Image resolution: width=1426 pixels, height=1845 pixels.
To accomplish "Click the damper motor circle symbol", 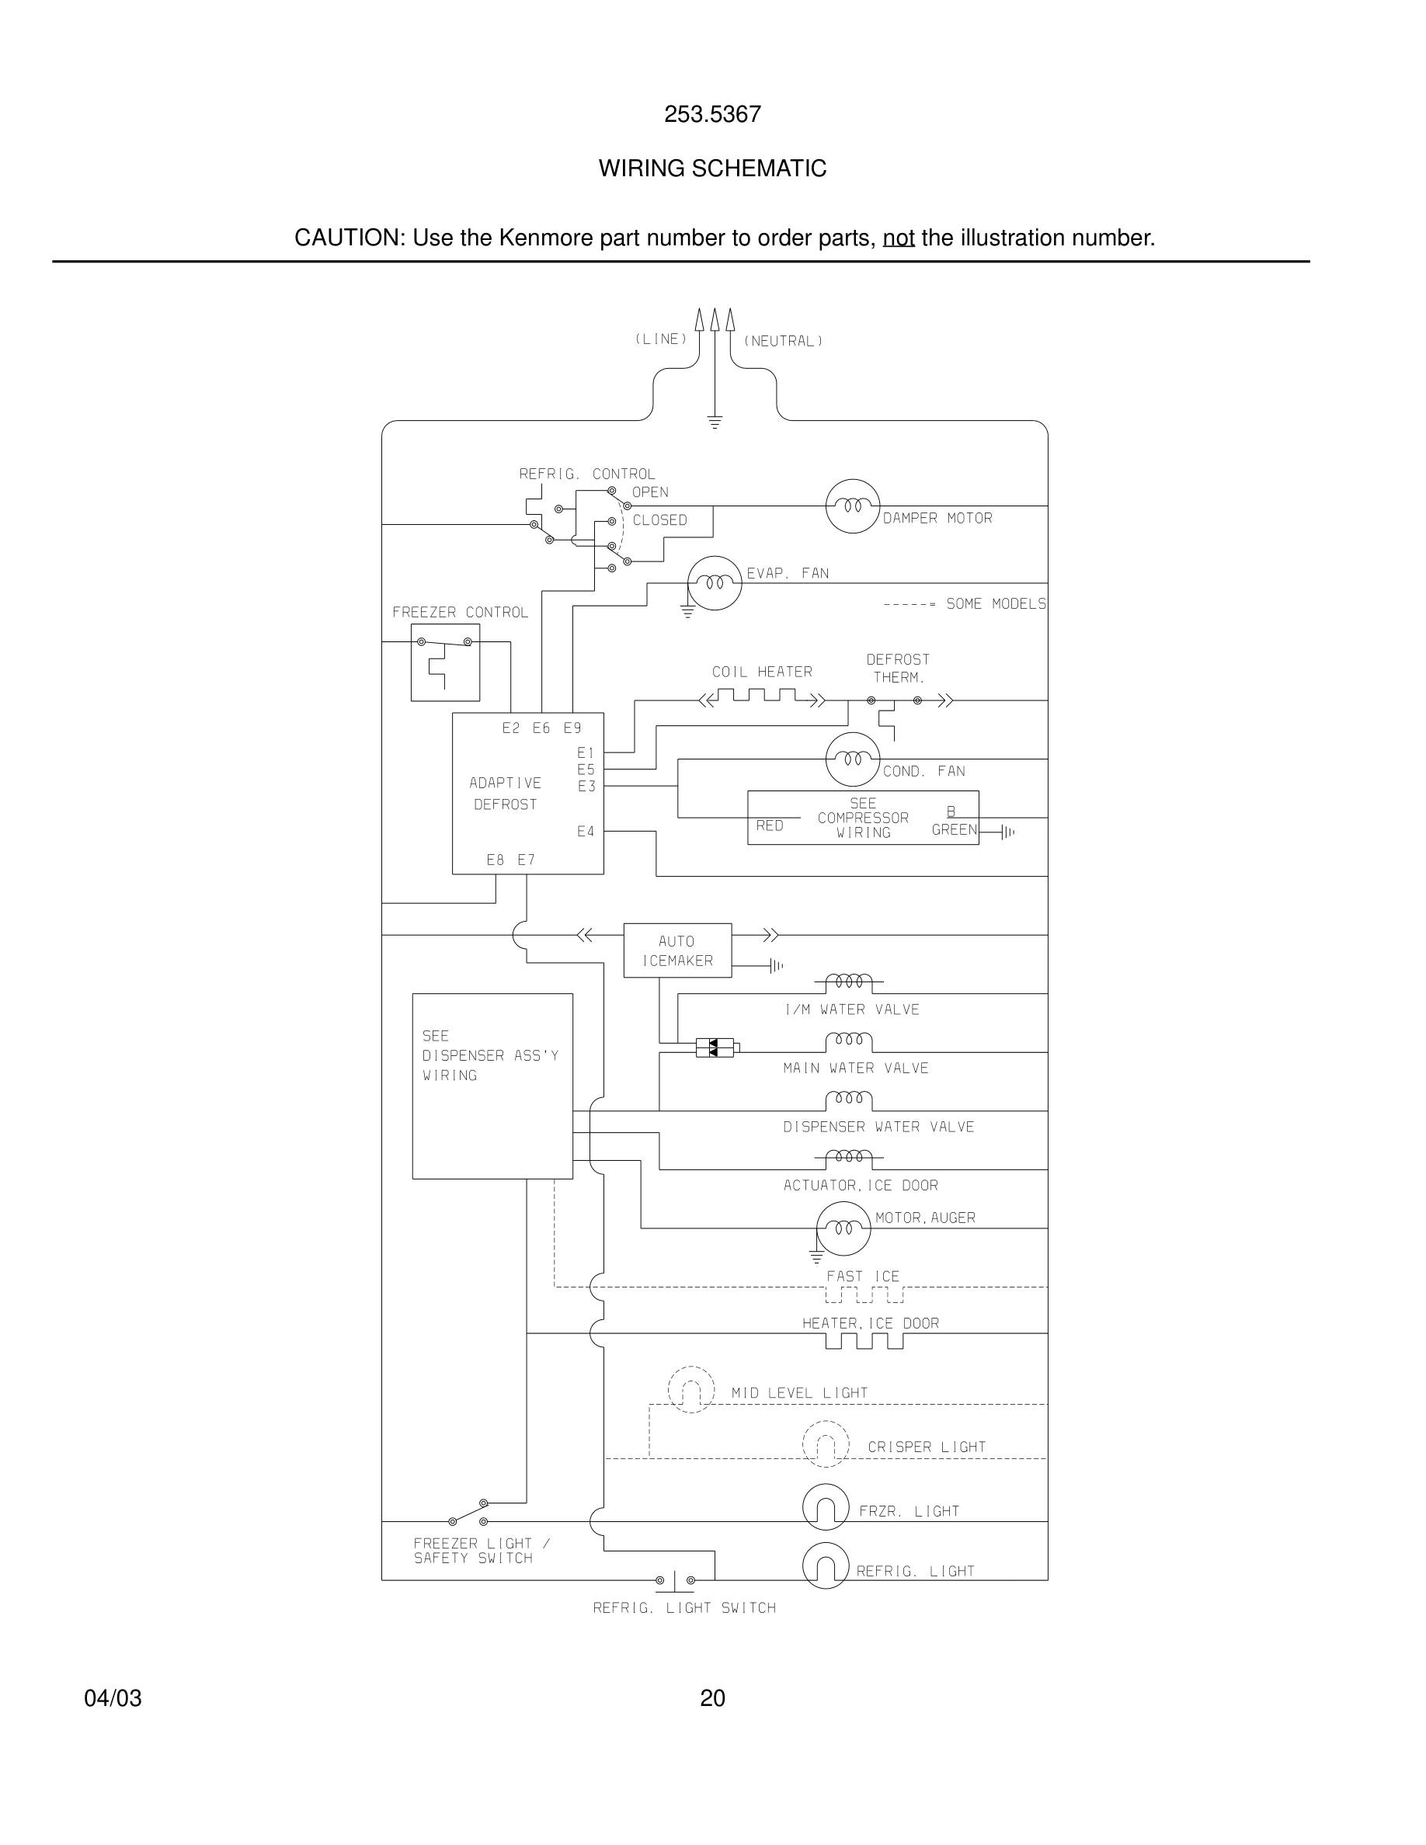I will click(851, 506).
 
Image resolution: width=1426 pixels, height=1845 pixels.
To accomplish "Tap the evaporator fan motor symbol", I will click(715, 583).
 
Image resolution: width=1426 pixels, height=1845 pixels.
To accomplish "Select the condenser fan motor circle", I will click(851, 759).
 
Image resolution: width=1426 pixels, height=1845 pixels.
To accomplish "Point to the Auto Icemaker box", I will click(676, 950).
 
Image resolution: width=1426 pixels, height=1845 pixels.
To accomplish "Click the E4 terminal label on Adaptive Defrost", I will click(586, 832).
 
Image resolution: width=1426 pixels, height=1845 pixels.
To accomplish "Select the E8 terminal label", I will click(495, 860).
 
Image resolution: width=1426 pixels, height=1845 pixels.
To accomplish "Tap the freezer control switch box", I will click(445, 662).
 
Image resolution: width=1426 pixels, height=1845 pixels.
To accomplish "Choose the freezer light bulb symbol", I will click(826, 1506).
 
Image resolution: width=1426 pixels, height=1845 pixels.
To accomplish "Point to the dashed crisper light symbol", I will click(826, 1444).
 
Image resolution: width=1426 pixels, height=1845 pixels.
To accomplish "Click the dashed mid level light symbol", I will click(691, 1390).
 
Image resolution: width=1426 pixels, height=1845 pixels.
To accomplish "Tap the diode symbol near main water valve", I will click(715, 1048).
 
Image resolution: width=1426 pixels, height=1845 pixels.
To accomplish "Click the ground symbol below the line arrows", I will click(715, 422).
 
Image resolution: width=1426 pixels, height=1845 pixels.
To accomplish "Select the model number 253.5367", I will click(712, 114).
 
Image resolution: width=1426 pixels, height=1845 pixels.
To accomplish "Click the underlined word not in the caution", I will click(898, 238).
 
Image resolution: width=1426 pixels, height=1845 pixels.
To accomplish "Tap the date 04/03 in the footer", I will click(113, 1698).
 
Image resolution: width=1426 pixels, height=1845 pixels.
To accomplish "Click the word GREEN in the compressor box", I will click(954, 829).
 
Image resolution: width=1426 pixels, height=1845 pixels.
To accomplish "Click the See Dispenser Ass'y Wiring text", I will click(490, 1055).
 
